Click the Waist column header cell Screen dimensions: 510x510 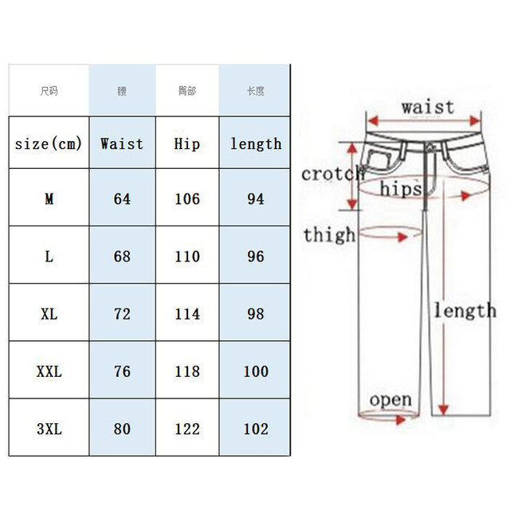[122, 144]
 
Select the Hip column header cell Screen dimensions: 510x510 [187, 144]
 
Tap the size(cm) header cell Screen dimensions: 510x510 [49, 144]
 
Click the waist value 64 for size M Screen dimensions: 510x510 [122, 198]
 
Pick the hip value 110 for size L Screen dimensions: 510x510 [187, 257]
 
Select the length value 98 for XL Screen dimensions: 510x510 [255, 314]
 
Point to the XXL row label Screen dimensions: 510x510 [49, 371]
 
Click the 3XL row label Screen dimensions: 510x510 [49, 429]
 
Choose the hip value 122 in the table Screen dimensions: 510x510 [187, 429]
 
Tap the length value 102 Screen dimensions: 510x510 [255, 429]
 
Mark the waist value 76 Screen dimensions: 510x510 [122, 371]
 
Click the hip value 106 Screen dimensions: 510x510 [187, 198]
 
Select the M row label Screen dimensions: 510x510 [49, 198]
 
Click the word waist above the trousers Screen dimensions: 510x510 [427, 107]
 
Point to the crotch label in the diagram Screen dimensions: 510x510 [331, 175]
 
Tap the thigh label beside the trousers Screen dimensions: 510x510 [328, 235]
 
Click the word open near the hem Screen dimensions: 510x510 [390, 399]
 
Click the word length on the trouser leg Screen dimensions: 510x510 [464, 310]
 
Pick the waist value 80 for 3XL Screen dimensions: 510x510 [122, 429]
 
